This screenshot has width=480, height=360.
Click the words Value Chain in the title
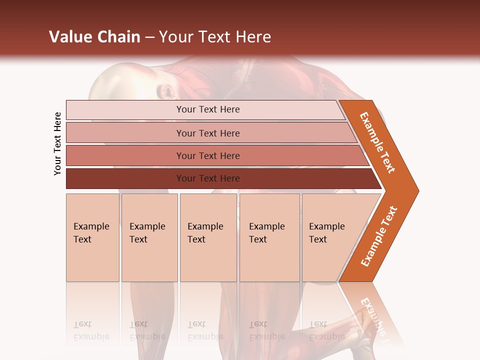click(94, 37)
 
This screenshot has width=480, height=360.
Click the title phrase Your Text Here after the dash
click(215, 37)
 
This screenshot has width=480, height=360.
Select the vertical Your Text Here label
click(57, 143)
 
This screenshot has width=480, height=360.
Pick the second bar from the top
click(208, 133)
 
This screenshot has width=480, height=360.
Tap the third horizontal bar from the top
click(208, 155)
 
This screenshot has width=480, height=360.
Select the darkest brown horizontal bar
click(208, 178)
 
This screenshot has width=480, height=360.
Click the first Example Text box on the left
click(92, 237)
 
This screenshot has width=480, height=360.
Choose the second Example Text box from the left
click(149, 237)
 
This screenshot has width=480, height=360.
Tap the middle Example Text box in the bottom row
click(208, 237)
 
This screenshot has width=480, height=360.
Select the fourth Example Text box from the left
click(269, 237)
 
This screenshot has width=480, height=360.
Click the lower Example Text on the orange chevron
click(379, 236)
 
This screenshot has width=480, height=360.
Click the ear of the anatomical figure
click(166, 91)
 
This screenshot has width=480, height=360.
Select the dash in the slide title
click(149, 37)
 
